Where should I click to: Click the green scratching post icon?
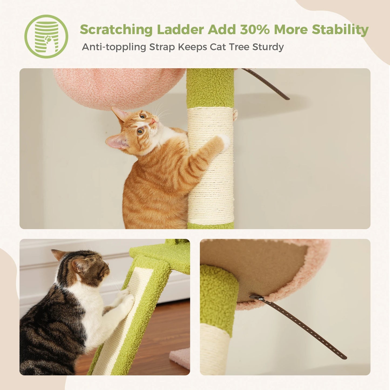pyautogui.click(x=46, y=36)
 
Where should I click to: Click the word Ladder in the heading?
pyautogui.click(x=180, y=29)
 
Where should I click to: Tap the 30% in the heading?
pyautogui.click(x=255, y=29)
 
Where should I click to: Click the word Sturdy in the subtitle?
pyautogui.click(x=268, y=47)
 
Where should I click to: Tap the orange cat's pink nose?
pyautogui.click(x=153, y=121)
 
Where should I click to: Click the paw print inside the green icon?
pyautogui.click(x=48, y=40)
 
